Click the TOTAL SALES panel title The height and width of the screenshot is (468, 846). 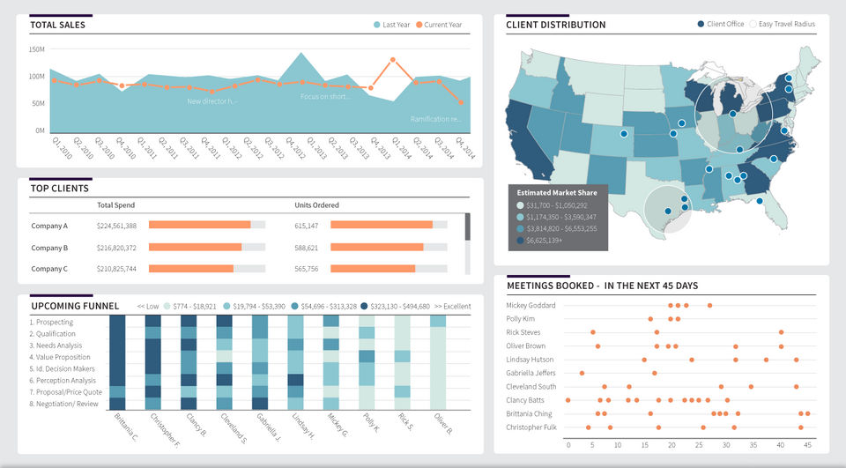pyautogui.click(x=57, y=26)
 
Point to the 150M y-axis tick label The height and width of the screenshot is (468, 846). pyautogui.click(x=37, y=49)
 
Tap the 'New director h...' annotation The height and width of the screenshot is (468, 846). pyautogui.click(x=212, y=101)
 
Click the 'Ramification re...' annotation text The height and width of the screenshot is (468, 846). pyautogui.click(x=436, y=119)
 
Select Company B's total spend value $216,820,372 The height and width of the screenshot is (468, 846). pyautogui.click(x=116, y=248)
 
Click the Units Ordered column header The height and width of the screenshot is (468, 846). pyautogui.click(x=316, y=205)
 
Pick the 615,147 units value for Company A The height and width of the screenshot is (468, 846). pyautogui.click(x=307, y=226)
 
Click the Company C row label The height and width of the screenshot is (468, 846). pyautogui.click(x=49, y=269)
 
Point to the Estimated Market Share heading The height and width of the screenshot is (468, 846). pyautogui.click(x=556, y=192)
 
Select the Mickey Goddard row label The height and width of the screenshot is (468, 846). pyautogui.click(x=531, y=305)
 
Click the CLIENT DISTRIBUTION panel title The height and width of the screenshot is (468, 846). pyautogui.click(x=555, y=25)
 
